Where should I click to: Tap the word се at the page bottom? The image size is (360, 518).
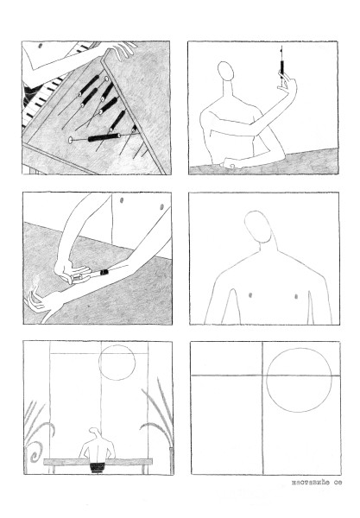338,483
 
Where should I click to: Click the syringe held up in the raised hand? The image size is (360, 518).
281,64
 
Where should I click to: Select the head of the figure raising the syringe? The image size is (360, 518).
226,71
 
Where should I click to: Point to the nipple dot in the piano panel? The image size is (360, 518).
41,46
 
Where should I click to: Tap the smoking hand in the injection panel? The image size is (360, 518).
39,300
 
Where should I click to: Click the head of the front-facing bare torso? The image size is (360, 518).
258,226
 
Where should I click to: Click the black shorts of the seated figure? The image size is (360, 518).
97,467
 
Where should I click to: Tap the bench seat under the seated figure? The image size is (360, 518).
98,461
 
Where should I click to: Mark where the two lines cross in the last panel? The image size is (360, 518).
263,376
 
